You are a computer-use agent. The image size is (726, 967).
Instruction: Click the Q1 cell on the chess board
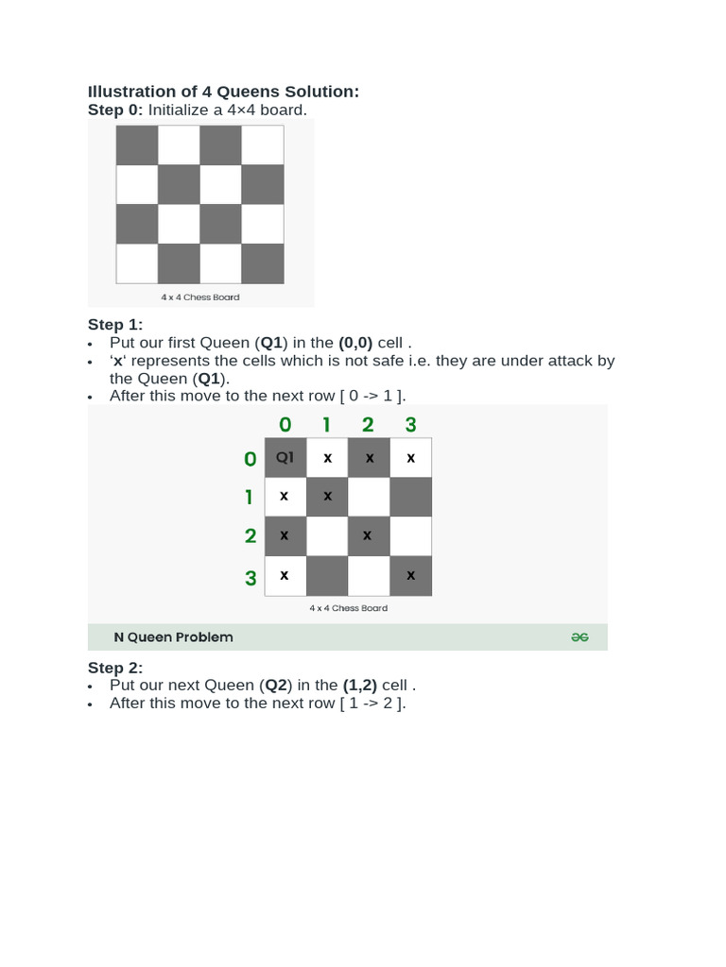[285, 458]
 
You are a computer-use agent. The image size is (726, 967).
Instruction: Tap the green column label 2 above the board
[368, 425]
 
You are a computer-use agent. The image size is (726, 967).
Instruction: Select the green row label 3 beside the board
[251, 578]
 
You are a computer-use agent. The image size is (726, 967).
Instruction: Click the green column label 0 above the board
[285, 425]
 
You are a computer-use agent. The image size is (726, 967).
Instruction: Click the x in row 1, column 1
[327, 497]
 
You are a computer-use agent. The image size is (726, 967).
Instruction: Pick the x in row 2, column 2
[368, 536]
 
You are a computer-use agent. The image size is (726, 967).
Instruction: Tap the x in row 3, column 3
[410, 576]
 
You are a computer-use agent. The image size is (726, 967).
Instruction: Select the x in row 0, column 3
[410, 458]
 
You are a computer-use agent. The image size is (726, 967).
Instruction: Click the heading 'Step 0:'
[115, 110]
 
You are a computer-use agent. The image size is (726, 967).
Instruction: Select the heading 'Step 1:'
[115, 325]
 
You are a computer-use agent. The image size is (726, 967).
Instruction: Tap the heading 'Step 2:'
[115, 668]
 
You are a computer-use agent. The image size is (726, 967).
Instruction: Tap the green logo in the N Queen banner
[579, 637]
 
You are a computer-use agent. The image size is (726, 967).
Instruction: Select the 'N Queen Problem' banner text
[173, 637]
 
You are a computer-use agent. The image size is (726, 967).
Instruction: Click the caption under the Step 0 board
[199, 297]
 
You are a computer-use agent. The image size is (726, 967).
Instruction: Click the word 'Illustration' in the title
[130, 92]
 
